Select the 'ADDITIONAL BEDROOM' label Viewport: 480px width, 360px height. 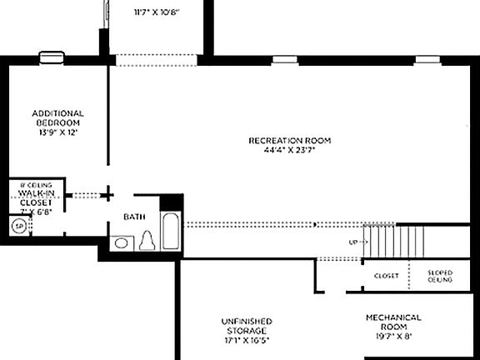click(x=57, y=117)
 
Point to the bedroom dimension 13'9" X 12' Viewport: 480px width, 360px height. click(x=57, y=132)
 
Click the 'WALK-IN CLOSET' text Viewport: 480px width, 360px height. click(x=35, y=197)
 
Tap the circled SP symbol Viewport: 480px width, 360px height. click(x=17, y=225)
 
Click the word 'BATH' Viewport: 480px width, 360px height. click(x=134, y=217)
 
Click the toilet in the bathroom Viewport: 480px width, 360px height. click(x=148, y=241)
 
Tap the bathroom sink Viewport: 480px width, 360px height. click(x=122, y=243)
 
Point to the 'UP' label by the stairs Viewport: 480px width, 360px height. click(x=353, y=242)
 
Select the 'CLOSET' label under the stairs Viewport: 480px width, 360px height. click(x=386, y=276)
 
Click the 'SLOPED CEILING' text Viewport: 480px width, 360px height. click(x=439, y=276)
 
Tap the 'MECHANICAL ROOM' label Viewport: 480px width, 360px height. click(x=393, y=322)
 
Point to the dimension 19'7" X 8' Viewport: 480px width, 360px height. click(x=393, y=336)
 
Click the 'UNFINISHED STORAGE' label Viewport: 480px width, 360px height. click(x=246, y=326)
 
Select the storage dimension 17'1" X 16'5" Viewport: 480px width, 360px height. click(x=246, y=340)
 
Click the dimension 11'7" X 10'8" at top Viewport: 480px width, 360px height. click(x=157, y=12)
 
